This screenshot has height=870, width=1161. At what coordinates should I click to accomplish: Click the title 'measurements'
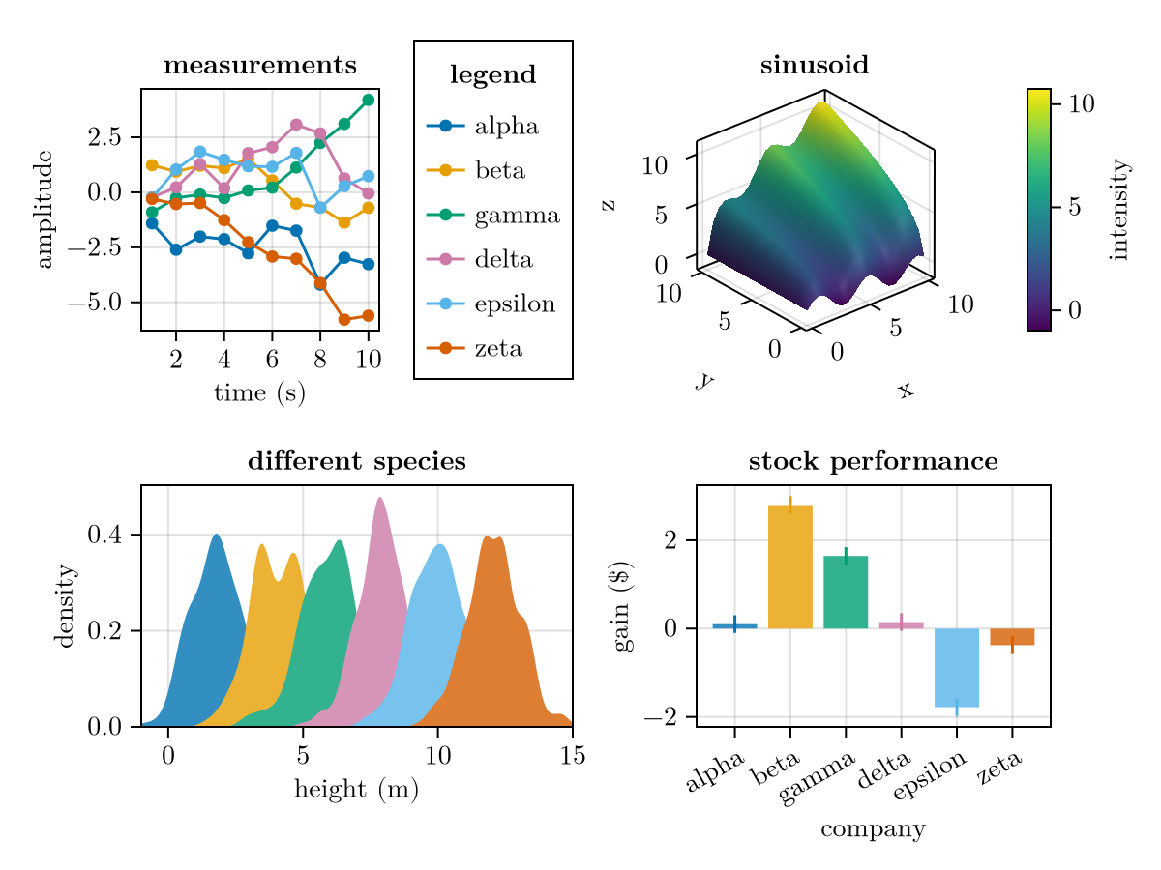(259, 66)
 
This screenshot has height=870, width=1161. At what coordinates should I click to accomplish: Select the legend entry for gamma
(517, 216)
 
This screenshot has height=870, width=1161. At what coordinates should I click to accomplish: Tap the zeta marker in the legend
(445, 348)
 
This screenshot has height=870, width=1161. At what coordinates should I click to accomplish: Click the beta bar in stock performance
(789, 566)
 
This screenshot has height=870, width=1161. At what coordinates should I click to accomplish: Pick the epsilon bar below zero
(956, 667)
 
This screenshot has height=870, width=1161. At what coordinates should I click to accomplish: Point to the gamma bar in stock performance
(846, 592)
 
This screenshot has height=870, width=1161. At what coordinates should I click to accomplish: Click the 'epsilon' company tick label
(930, 777)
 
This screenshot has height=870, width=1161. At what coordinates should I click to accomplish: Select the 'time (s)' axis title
(259, 393)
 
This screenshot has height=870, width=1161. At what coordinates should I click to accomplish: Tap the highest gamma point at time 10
(368, 100)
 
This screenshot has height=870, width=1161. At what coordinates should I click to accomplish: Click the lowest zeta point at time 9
(343, 319)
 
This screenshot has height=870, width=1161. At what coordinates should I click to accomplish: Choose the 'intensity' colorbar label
(1119, 210)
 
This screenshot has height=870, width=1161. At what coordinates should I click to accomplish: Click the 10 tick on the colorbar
(1081, 103)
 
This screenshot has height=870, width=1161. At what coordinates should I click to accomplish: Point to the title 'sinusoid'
(814, 66)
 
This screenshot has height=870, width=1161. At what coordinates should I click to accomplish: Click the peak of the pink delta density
(380, 498)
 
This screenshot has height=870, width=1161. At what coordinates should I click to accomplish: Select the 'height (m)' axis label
(356, 790)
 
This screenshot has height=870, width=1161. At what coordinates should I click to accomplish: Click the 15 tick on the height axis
(572, 755)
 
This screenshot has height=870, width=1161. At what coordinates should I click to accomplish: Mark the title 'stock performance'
(873, 462)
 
